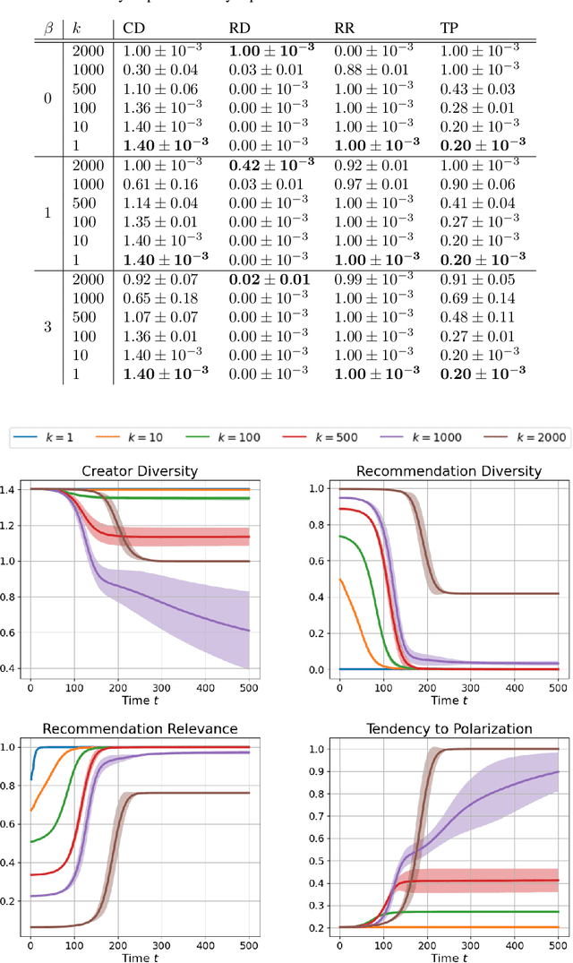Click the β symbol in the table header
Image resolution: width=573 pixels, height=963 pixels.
48,29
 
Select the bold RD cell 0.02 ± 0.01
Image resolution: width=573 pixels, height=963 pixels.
269,279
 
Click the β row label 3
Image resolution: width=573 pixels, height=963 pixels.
48,326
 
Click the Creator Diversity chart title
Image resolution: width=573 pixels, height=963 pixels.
139,471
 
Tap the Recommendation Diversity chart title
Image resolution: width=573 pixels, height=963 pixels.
448,471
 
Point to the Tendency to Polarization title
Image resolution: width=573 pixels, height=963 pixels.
448,728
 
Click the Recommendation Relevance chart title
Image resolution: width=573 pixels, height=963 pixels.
139,728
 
